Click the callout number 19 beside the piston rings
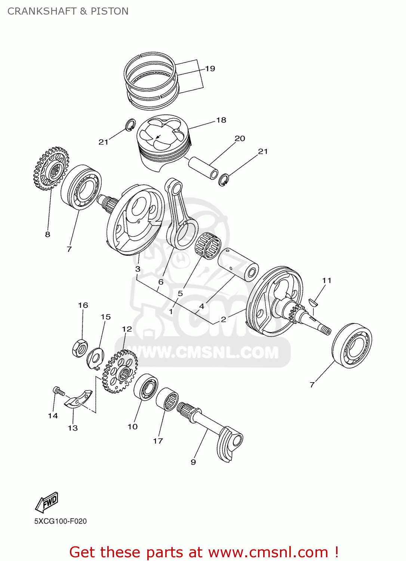pos(210,68)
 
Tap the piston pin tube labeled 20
pos(203,168)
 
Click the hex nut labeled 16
pos(79,348)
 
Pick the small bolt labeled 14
pos(59,391)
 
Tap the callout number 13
pos(73,428)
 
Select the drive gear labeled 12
pos(120,371)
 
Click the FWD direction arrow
pos(47,502)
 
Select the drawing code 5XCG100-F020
pos(61,521)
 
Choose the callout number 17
pos(158,441)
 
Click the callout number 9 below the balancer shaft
pos(193,462)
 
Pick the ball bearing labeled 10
pos(146,387)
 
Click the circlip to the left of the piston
pos(130,125)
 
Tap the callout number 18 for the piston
pos(221,120)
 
